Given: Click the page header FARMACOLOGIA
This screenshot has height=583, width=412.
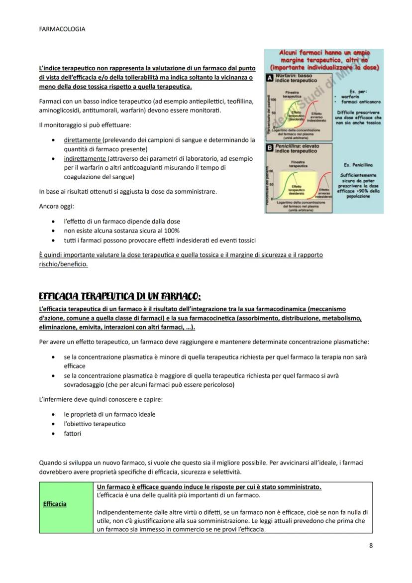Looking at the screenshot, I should click(x=62, y=29).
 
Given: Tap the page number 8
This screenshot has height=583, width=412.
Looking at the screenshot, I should click(x=371, y=545).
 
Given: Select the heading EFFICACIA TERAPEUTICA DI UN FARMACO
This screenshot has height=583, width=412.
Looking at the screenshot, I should click(x=119, y=296).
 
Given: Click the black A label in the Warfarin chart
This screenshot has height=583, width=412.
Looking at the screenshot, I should click(x=269, y=79).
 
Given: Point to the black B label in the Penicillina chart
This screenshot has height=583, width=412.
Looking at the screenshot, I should click(x=269, y=148).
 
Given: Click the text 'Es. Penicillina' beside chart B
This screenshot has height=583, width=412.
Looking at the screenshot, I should click(x=358, y=165).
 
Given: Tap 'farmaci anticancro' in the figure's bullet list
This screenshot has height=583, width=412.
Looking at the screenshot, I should click(x=363, y=102).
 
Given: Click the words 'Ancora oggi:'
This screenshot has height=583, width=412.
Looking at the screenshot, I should click(x=56, y=206).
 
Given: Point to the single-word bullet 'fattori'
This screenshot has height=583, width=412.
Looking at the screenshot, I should click(x=72, y=434).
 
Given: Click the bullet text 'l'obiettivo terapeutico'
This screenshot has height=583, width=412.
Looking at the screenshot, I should click(x=95, y=424).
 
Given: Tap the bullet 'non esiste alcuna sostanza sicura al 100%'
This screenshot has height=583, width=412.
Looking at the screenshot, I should click(x=121, y=231).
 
